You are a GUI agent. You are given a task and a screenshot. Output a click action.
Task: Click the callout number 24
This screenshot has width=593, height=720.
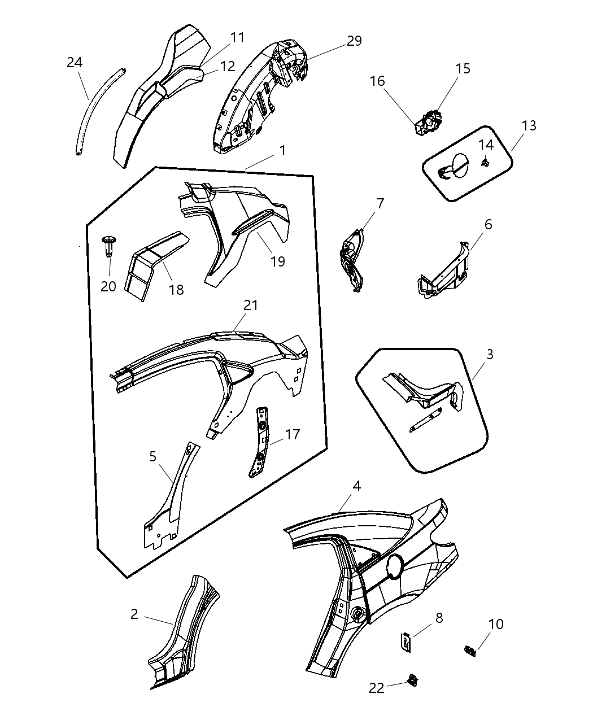tap(75, 63)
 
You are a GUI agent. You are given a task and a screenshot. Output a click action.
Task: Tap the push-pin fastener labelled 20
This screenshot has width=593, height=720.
tap(109, 246)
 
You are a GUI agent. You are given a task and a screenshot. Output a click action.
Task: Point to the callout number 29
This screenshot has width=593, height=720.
tap(354, 41)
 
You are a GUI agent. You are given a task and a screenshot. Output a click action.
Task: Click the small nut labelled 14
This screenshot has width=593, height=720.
tap(485, 163)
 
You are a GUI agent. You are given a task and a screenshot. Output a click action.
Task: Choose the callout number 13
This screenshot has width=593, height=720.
tap(529, 125)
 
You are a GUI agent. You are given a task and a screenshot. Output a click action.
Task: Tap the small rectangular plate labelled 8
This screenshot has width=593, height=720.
tap(405, 643)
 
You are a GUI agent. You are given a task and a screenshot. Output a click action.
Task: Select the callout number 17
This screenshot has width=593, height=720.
tap(293, 434)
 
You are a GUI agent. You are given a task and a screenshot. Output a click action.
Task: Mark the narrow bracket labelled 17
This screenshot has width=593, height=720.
tap(259, 442)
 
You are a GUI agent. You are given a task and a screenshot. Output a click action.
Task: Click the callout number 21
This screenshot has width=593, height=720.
tap(251, 305)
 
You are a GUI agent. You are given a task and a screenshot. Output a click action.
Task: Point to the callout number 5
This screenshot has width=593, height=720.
tap(153, 456)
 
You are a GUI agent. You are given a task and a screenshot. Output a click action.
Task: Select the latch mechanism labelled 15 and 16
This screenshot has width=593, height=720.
tap(429, 123)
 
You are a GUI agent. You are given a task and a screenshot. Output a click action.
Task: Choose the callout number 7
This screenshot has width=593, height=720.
tap(380, 203)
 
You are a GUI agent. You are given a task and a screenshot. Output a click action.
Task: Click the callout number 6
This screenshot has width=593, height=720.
tap(488, 225)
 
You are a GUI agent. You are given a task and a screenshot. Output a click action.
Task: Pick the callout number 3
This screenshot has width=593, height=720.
tap(490, 354)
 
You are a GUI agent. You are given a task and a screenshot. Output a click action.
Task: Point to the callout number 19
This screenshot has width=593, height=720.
tap(278, 261)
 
